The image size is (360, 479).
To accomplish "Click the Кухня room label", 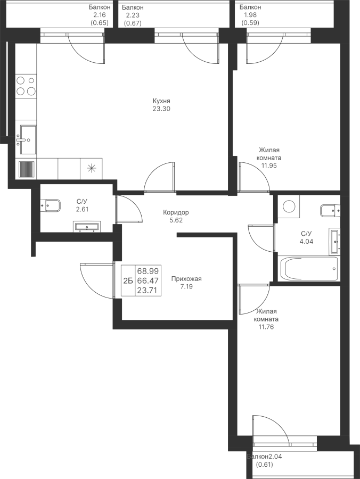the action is [161, 101].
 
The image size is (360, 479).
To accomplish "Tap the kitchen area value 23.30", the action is [161, 109].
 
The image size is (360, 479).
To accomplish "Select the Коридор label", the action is [176, 212].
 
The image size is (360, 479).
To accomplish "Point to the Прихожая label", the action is [186, 278].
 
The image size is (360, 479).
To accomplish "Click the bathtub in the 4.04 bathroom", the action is [309, 269].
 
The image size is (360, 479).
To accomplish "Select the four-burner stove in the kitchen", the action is [26, 86].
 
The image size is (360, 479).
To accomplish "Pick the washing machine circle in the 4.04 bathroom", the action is [289, 207].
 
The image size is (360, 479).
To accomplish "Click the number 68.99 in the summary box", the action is [148, 271].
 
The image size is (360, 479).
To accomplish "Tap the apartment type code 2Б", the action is [128, 281].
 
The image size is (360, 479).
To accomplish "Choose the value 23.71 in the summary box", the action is [148, 290].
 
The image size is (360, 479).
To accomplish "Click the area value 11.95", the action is [269, 166].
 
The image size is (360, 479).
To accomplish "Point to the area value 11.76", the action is [265, 327].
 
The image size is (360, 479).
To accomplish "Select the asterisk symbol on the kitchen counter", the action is [91, 169].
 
